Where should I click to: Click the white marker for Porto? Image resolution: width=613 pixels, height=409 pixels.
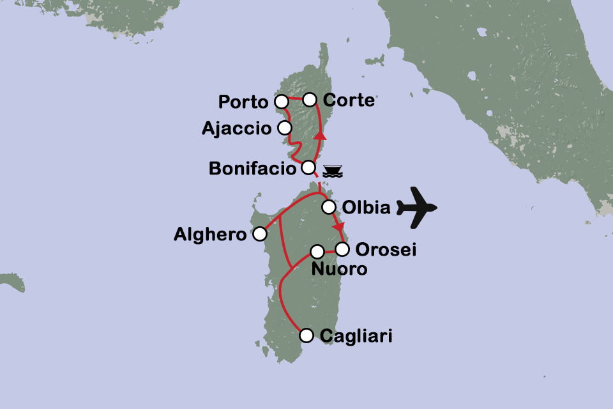281,101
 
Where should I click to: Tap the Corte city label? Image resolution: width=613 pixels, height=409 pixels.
349,100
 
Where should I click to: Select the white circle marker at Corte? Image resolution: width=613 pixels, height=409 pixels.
309,99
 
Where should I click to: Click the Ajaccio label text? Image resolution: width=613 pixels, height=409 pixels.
236,128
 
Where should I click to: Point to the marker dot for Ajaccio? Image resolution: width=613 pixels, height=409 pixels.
285,128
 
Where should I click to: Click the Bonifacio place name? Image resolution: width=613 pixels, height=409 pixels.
253,169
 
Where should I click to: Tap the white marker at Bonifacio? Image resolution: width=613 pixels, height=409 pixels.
308,167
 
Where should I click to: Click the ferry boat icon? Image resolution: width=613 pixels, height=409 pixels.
333,171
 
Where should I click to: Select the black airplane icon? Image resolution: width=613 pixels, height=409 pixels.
416,206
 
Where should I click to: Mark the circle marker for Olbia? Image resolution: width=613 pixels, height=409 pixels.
328,207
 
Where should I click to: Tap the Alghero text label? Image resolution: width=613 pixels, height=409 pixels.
210,235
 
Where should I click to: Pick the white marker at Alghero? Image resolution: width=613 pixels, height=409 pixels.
260,234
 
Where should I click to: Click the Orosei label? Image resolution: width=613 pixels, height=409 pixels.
386,250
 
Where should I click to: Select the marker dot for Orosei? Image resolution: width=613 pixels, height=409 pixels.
343,249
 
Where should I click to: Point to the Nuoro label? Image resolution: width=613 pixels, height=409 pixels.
339,269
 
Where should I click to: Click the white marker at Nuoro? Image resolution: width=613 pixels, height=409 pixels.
316,251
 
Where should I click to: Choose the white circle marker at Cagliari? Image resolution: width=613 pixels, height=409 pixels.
306,335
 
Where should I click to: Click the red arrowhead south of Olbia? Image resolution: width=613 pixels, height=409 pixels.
338,227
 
